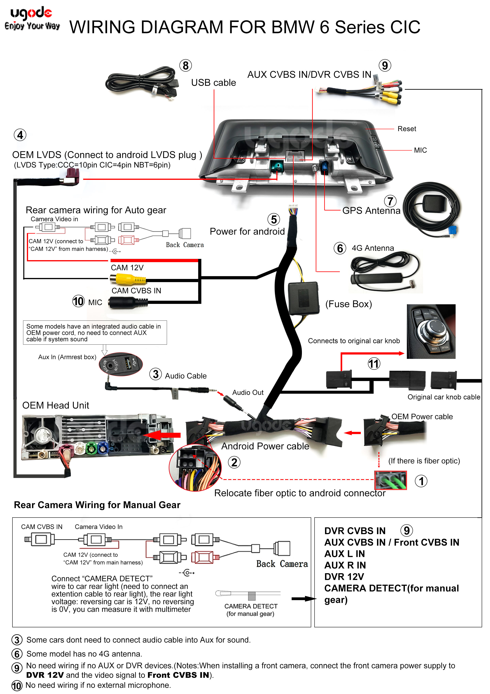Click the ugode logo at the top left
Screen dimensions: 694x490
tap(32, 18)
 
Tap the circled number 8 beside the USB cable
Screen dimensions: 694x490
tap(185, 66)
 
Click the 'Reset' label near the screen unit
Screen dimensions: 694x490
tap(406, 129)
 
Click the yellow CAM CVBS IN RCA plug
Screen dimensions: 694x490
tap(127, 279)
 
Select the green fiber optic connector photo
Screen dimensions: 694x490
tap(390, 480)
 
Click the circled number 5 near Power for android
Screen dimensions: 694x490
tap(273, 219)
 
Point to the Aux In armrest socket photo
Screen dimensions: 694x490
tap(121, 364)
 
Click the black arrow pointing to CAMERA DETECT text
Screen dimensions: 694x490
tap(303, 599)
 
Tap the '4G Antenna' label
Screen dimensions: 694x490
tap(373, 248)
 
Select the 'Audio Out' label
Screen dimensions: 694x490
tap(248, 392)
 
